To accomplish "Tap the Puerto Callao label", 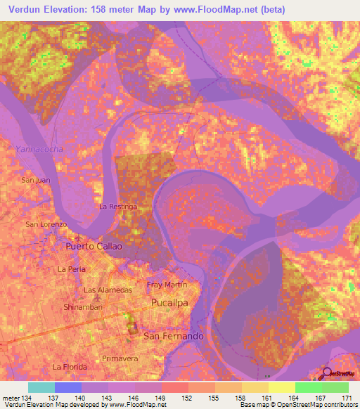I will click(x=94, y=247).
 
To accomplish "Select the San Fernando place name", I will click(x=174, y=337).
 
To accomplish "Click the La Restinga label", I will click(x=117, y=207).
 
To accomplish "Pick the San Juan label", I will click(x=37, y=181).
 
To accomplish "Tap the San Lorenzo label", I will click(x=46, y=224).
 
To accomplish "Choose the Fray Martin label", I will click(x=167, y=285).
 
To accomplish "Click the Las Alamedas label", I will click(x=108, y=290).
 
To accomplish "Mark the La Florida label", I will click(x=70, y=367).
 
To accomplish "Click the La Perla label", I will click(x=72, y=269).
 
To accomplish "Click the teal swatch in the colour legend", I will click(x=41, y=387).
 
